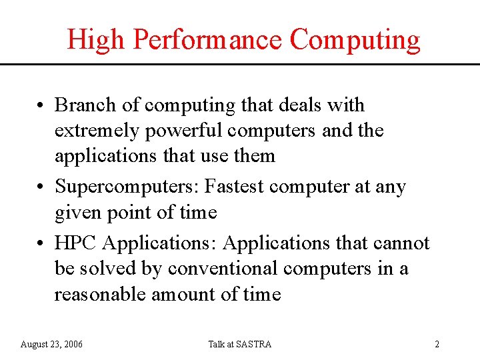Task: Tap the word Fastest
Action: coord(234,187)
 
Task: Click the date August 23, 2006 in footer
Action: coord(52,344)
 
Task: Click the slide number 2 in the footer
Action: coord(437,344)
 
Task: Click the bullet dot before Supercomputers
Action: coord(41,188)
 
